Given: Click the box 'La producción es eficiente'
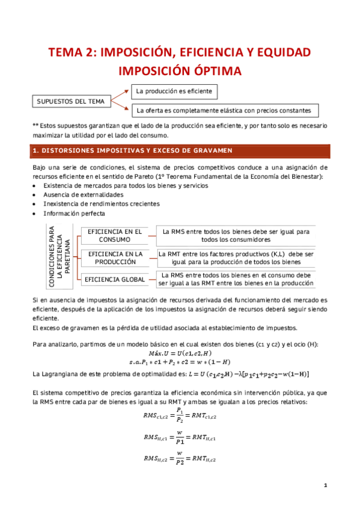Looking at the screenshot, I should point(174,91).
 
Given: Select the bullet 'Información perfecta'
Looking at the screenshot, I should point(74,213).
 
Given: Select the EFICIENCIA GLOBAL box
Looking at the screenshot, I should point(115,279).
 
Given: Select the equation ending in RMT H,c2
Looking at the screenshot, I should point(179,459).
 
